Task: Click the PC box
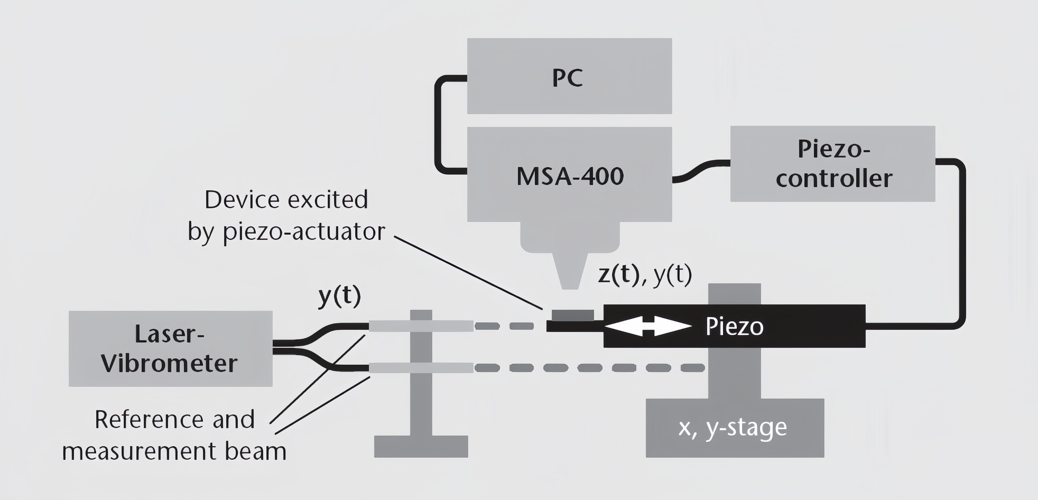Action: click(x=569, y=76)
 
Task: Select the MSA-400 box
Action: click(x=569, y=174)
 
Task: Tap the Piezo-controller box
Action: click(x=832, y=164)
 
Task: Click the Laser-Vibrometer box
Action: click(x=170, y=349)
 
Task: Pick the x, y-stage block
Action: click(x=735, y=428)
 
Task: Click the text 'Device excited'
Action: click(x=286, y=200)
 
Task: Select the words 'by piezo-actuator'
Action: click(x=286, y=232)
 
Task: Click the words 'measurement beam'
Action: click(x=174, y=451)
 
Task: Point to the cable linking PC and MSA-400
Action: click(x=437, y=125)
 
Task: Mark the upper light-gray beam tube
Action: click(x=421, y=326)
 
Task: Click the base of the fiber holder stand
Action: click(x=421, y=446)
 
